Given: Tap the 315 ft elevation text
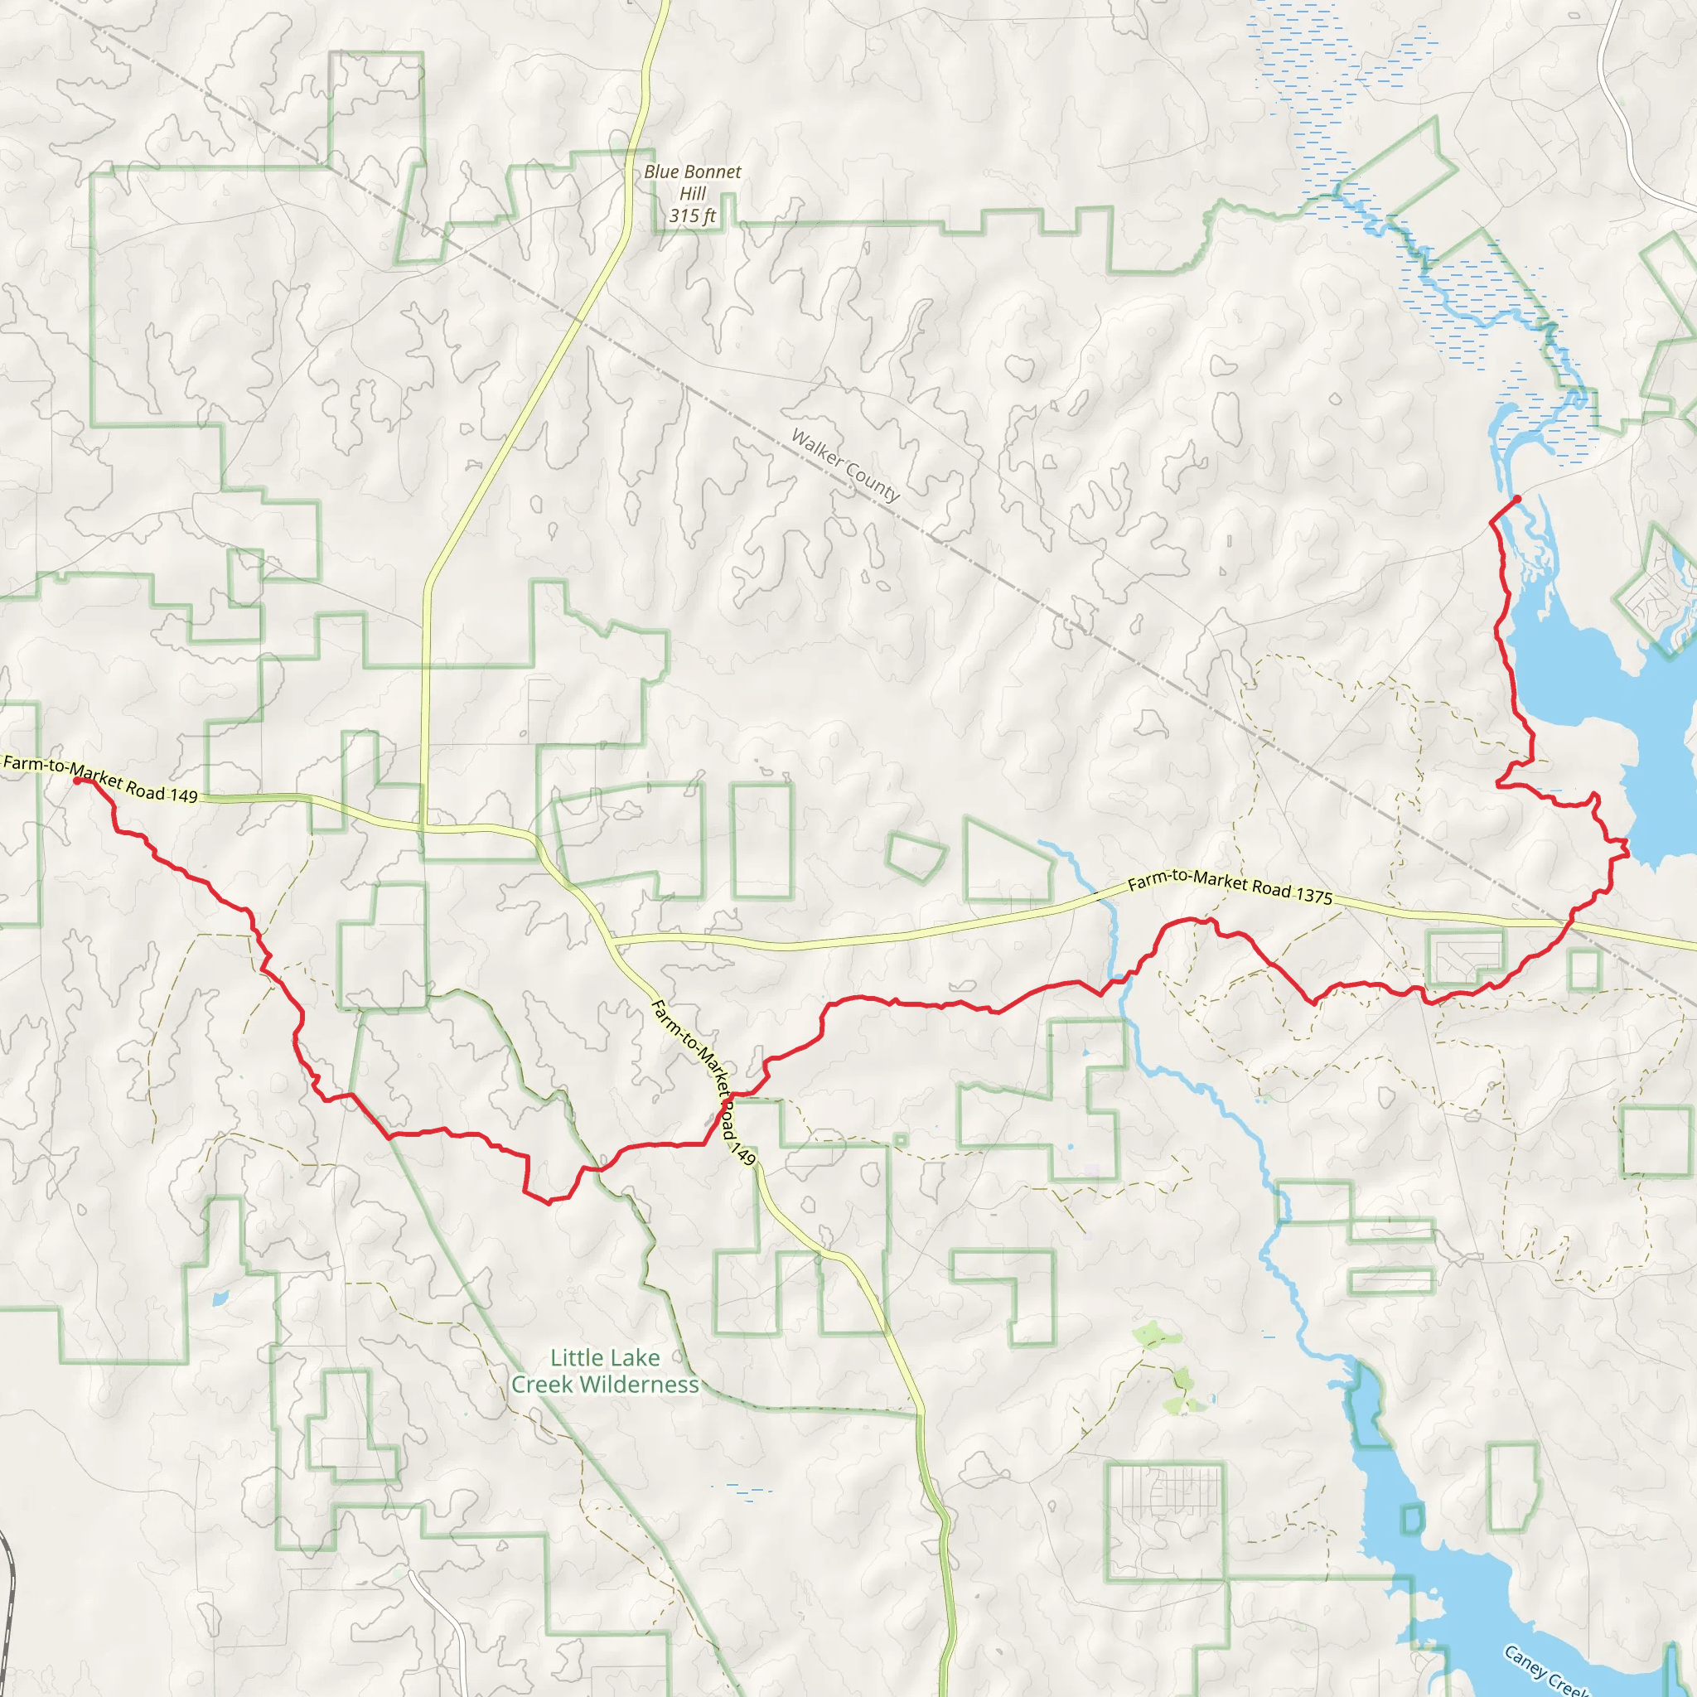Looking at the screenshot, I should pos(692,216).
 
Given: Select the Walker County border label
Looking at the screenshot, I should pos(845,466).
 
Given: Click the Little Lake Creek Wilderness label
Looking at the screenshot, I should pos(605,1371).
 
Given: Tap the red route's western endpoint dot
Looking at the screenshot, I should pos(77,780).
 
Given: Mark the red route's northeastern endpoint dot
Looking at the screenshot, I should pos(1517,500).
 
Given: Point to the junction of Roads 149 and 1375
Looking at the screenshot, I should pos(612,940).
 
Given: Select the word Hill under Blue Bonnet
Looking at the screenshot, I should pos(692,194).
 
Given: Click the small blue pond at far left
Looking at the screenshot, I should pos(220,1298).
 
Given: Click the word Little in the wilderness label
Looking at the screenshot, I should pos(576,1358).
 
